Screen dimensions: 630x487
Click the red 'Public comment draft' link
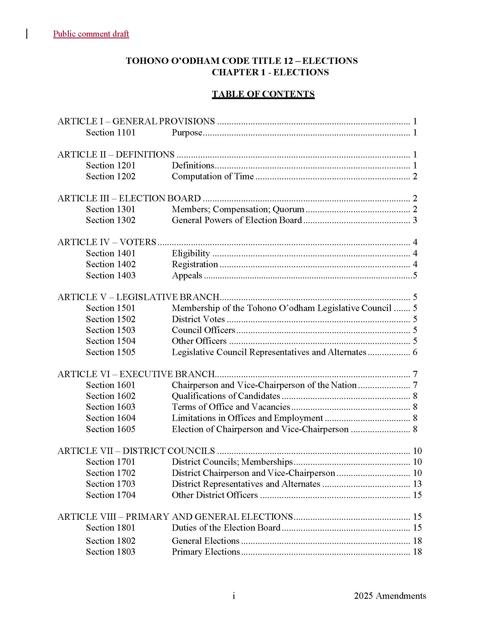[91, 34]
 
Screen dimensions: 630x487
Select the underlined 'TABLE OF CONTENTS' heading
[263, 94]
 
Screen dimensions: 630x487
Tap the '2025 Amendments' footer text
[390, 596]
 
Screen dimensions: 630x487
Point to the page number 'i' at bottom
[234, 596]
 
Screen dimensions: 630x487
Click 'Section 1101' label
[111, 132]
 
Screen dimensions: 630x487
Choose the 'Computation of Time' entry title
[213, 176]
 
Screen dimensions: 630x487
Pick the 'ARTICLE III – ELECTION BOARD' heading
[129, 198]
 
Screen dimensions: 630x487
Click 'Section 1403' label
[111, 275]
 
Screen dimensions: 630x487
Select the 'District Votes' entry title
[198, 319]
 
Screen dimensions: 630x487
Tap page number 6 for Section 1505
[415, 352]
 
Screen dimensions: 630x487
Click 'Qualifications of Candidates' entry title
[226, 396]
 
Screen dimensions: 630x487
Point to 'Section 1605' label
[111, 429]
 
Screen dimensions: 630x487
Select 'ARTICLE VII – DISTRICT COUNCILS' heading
[136, 451]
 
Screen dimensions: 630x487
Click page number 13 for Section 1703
[417, 484]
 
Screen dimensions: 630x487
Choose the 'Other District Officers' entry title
[215, 495]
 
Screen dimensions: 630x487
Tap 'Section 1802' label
[111, 541]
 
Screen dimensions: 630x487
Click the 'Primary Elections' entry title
[206, 552]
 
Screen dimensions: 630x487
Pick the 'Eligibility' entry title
[191, 253]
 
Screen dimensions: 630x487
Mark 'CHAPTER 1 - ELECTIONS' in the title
[270, 72]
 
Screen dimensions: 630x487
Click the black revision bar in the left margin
[27, 34]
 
